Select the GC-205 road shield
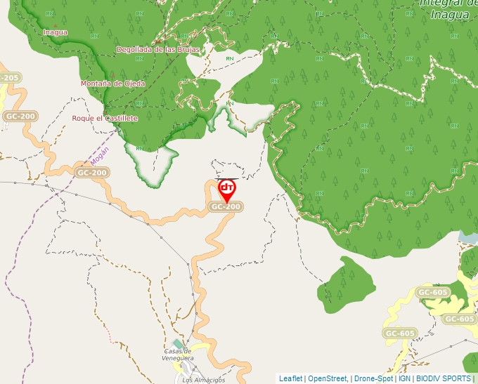coord(9,78)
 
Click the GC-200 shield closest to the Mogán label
coord(91,173)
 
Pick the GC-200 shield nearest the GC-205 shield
coord(20,116)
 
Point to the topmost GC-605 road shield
coord(432,292)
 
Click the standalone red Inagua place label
coord(56,32)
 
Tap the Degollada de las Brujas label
coord(158,50)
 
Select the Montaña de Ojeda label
coord(112,84)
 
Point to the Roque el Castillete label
coord(105,119)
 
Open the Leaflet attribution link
coord(290,378)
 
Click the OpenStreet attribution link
coord(327,378)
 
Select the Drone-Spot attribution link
coord(373,378)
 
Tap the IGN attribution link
coord(404,378)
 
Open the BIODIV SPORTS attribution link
coord(444,378)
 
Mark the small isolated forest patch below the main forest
coord(347,284)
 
